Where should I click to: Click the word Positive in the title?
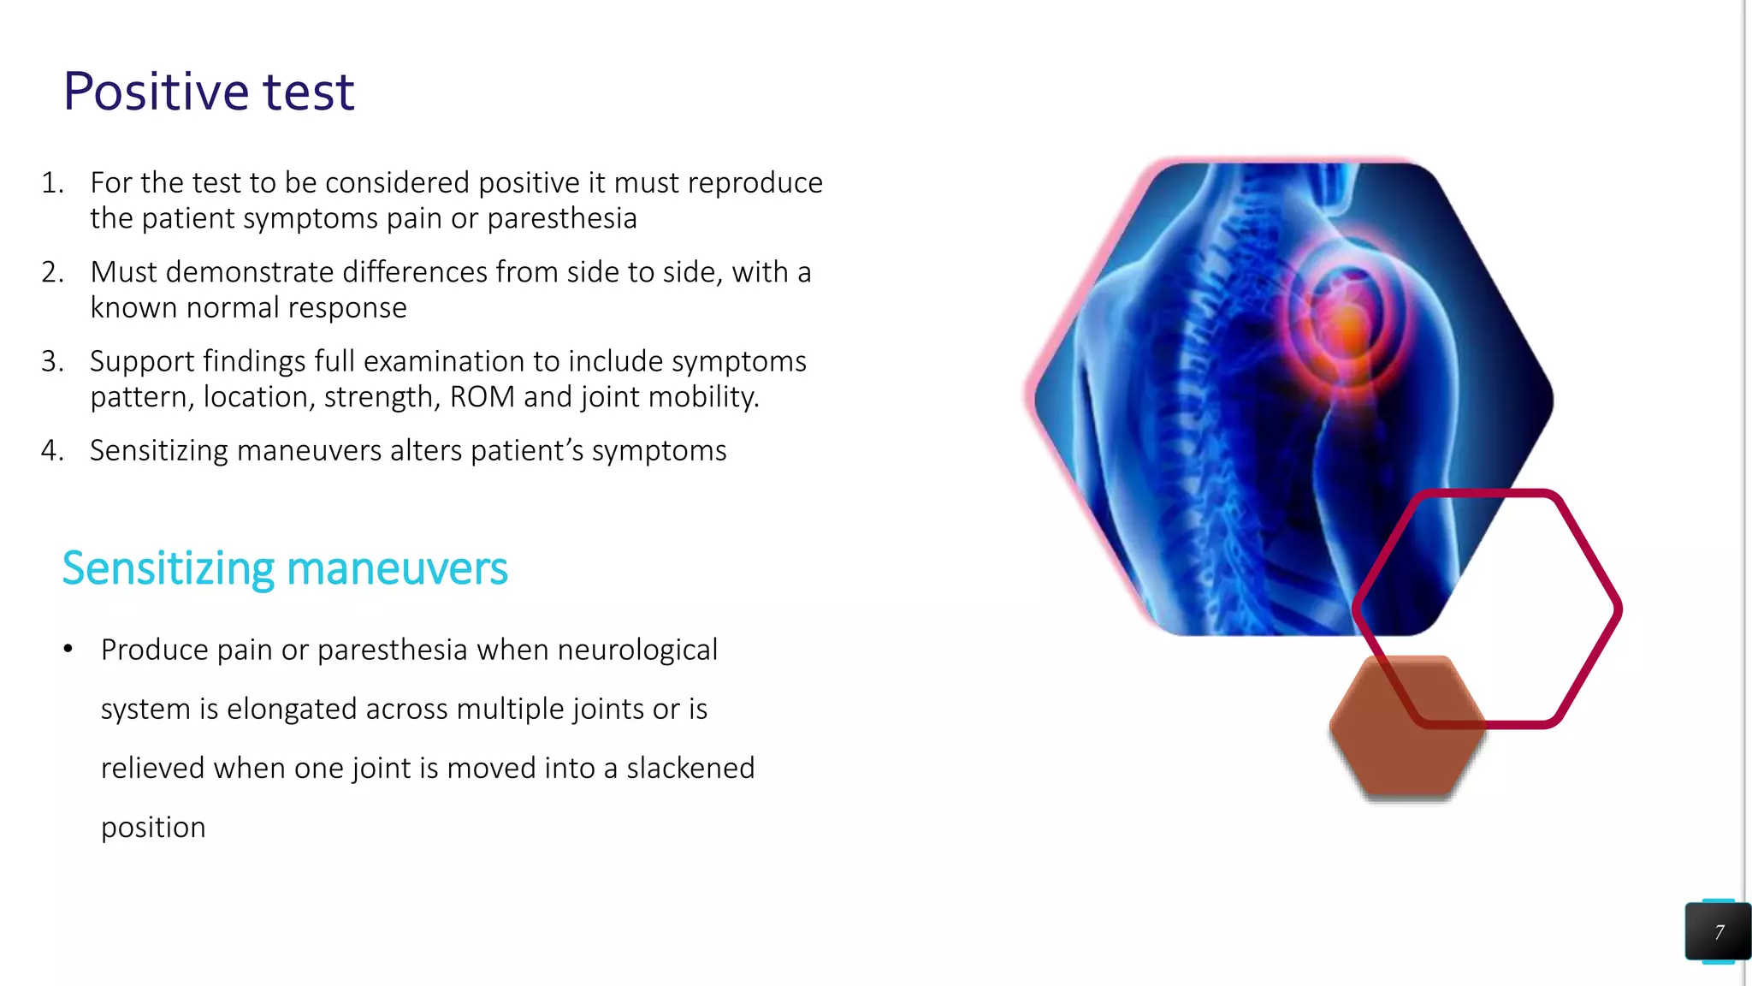click(155, 92)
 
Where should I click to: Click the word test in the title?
click(308, 92)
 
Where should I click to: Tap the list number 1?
click(51, 183)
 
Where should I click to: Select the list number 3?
click(51, 361)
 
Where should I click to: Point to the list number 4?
click(51, 450)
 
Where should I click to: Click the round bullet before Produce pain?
click(68, 650)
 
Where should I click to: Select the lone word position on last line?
click(153, 828)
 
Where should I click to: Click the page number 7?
click(1719, 932)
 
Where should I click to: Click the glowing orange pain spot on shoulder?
click(1348, 329)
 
